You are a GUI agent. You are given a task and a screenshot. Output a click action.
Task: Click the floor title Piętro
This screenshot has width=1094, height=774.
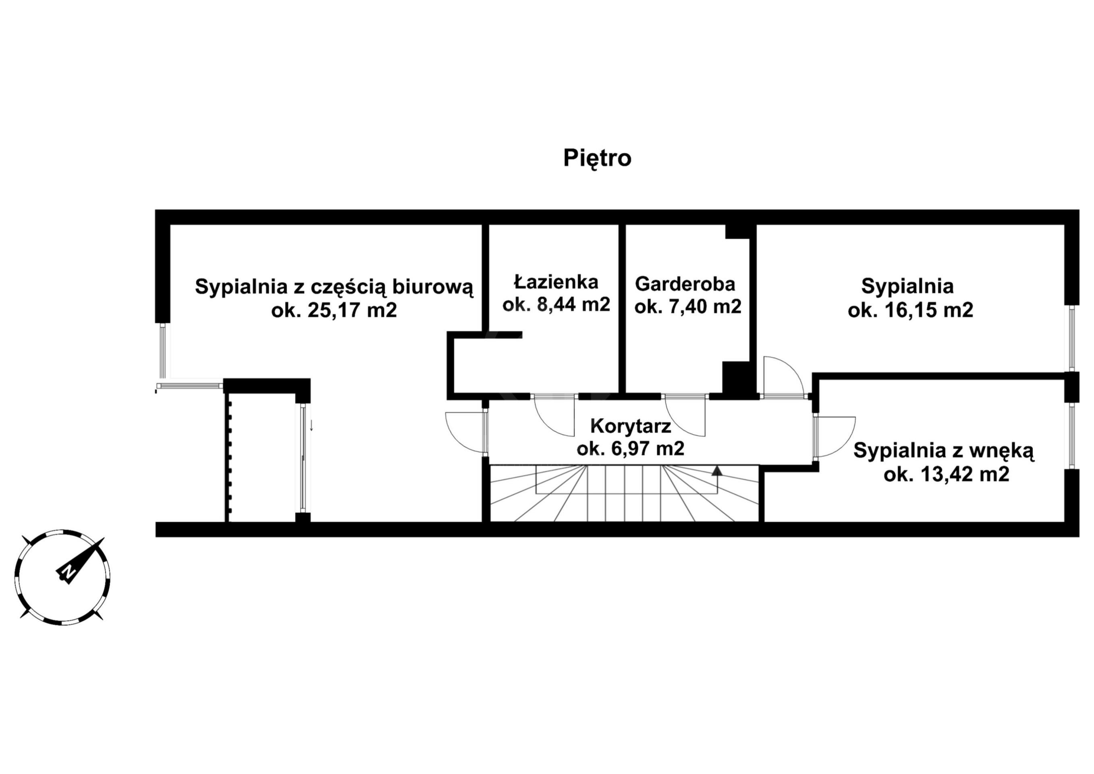[597, 159]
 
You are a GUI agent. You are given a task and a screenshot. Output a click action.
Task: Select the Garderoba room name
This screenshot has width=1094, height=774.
[685, 284]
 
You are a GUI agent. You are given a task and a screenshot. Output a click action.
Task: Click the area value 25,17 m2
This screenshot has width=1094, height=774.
[352, 311]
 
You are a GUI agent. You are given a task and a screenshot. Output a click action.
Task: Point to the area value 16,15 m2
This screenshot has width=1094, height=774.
[929, 310]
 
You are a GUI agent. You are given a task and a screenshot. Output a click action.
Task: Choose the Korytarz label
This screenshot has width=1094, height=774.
[631, 426]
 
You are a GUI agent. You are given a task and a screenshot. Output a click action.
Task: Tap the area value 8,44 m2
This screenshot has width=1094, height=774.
[574, 304]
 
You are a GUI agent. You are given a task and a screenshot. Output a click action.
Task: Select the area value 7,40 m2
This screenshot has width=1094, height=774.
[706, 306]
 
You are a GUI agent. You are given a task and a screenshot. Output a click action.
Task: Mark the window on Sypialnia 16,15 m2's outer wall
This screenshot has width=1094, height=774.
[1073, 338]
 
